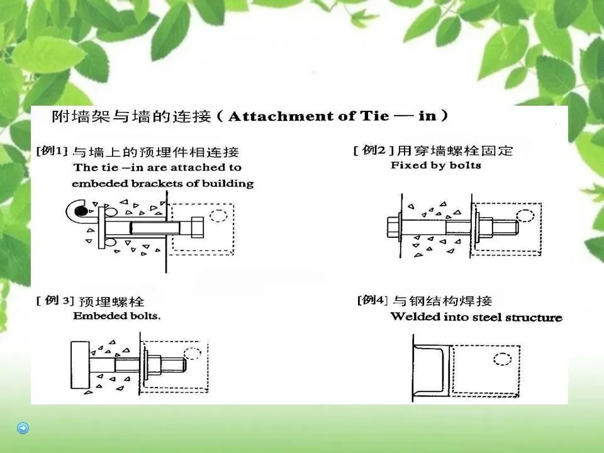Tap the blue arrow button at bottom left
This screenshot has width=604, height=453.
[23, 428]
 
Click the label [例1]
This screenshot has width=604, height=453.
[51, 150]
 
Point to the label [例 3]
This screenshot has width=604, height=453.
[54, 300]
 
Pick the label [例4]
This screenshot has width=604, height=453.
[372, 299]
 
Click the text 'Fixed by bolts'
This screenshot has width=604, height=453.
[435, 165]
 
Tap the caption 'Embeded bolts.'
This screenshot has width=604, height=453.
[117, 316]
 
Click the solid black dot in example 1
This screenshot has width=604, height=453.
[81, 211]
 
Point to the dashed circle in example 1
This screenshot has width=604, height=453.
[218, 216]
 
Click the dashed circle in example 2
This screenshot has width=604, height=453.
[525, 216]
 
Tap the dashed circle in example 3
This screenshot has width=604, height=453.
[193, 353]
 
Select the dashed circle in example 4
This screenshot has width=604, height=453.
[502, 359]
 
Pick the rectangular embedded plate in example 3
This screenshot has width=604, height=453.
[80, 365]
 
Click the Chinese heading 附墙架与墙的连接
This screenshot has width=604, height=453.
[131, 116]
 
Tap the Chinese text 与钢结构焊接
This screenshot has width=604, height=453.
[442, 301]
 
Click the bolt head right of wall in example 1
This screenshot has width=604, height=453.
[197, 227]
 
